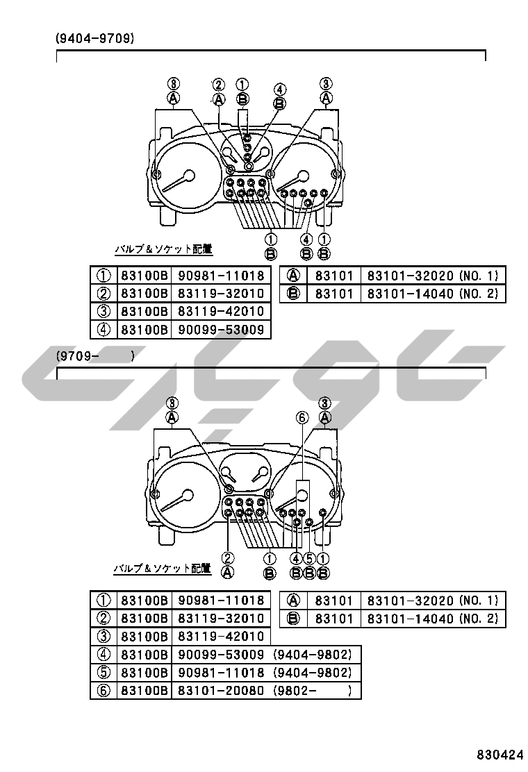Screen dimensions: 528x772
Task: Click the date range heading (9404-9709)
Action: coord(94,38)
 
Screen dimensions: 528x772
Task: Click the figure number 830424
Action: coord(500,754)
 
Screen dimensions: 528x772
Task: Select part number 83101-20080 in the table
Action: coord(221,690)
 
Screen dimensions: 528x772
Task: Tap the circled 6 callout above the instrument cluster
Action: coord(302,418)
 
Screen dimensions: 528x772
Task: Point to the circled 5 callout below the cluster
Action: coord(309,559)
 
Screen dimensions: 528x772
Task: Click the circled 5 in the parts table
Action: coord(104,673)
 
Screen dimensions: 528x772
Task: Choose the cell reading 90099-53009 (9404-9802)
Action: coord(265,655)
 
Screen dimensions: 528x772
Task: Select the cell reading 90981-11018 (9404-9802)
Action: coord(265,673)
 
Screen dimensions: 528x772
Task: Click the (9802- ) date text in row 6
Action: coord(313,690)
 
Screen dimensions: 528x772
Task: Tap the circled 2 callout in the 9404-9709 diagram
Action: coord(219,85)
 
